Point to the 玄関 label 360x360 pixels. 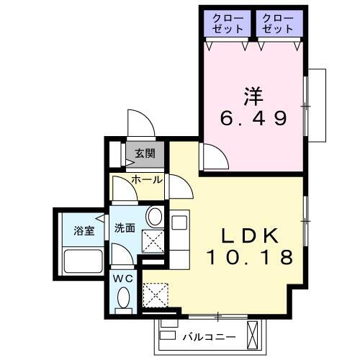coord(144,153)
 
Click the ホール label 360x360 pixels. coord(146,179)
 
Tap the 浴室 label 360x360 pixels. coord(84,231)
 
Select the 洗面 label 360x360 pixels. coord(125,228)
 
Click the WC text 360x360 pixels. coord(122,277)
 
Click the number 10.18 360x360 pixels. coord(250,256)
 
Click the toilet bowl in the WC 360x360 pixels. coord(122,298)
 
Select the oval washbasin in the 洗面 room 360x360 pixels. coord(153,217)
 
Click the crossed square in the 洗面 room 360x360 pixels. coord(153,241)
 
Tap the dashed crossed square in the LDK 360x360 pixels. coord(155,294)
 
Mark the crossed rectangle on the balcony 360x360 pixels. coord(253,334)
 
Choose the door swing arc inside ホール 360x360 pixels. coord(122,189)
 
